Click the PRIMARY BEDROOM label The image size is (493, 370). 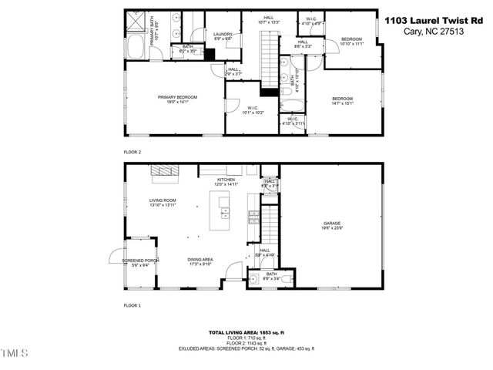pyautogui.click(x=177, y=99)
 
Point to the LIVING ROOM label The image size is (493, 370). pyautogui.click(x=163, y=202)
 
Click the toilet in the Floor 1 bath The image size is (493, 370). pyautogui.click(x=285, y=279)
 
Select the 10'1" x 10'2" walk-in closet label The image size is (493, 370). pyautogui.click(x=253, y=109)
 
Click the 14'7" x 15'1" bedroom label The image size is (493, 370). pyautogui.click(x=342, y=100)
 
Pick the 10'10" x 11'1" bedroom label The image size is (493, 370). pyautogui.click(x=351, y=41)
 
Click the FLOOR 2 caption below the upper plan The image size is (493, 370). pyautogui.click(x=133, y=152)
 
